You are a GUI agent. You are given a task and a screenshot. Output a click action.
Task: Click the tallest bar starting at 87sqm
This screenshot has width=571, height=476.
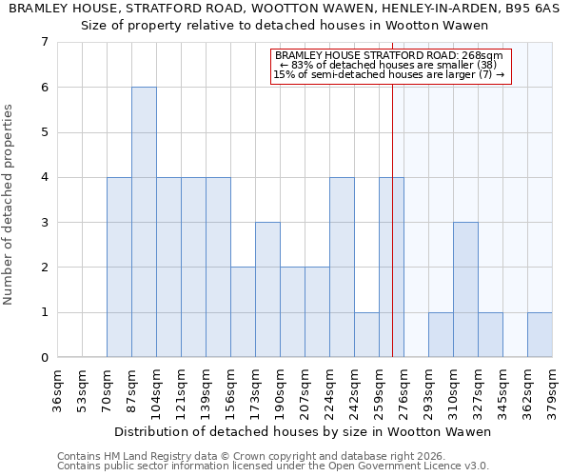tap(144, 222)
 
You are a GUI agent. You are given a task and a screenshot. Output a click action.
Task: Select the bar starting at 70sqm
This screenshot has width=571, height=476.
tap(119, 267)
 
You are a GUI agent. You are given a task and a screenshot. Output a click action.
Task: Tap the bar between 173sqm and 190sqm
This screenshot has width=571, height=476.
tap(267, 289)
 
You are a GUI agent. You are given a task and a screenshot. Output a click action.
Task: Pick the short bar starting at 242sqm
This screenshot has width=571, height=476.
tap(366, 334)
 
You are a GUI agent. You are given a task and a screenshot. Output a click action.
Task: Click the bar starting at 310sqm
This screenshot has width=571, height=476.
tap(465, 289)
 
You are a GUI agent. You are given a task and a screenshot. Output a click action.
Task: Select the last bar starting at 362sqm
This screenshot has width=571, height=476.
tap(540, 334)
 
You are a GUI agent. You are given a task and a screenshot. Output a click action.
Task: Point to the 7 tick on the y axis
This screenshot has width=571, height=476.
tap(44, 42)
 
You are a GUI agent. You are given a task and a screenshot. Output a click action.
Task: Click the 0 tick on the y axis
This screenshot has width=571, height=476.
tap(44, 358)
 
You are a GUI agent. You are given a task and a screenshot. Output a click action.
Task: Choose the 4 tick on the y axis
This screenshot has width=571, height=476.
tap(44, 177)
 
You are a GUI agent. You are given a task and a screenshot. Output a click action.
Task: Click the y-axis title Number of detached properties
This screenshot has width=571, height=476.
tap(10, 205)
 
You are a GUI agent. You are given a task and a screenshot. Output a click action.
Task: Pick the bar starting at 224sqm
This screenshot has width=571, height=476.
tap(342, 267)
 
